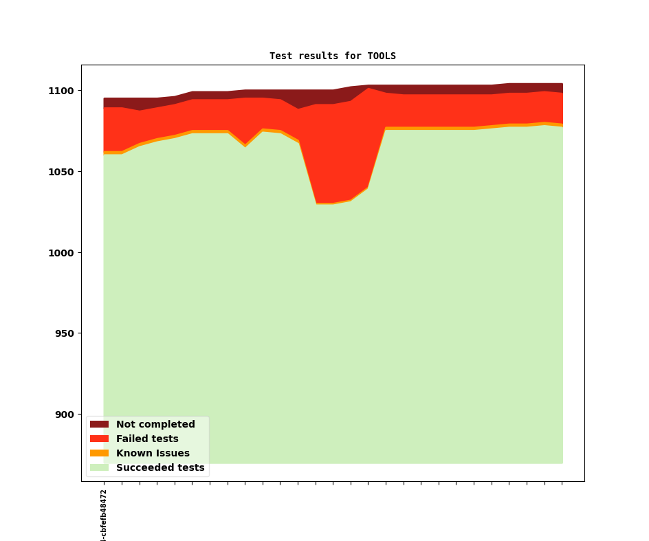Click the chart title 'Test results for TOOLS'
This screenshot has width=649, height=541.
(x=333, y=56)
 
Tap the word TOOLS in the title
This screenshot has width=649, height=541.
(x=382, y=56)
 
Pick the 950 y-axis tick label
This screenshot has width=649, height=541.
(x=63, y=333)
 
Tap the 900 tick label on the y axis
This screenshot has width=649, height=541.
(x=63, y=415)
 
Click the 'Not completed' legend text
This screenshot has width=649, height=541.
(x=155, y=425)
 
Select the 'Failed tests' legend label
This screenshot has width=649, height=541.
(x=147, y=439)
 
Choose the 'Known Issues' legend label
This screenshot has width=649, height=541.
(x=153, y=454)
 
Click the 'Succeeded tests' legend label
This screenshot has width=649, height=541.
(x=160, y=468)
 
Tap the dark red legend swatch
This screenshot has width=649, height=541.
(x=100, y=425)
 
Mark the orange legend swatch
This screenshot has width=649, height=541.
(x=100, y=454)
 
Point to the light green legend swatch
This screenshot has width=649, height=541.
(x=100, y=468)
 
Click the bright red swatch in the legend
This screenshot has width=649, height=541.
(x=100, y=439)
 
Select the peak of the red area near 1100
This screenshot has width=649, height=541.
(x=368, y=89)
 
